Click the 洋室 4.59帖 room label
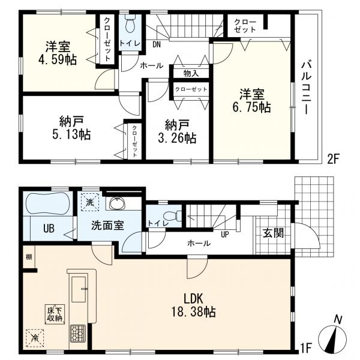pos(58,53)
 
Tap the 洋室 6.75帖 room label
pos(252,101)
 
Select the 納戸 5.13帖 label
pos(71,128)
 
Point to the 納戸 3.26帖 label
pos(177,131)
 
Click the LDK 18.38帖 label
pos(193,305)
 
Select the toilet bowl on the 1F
pos(170,215)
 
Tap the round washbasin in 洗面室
pos(118,203)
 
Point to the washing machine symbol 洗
pos(90,202)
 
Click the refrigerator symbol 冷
pos(35,338)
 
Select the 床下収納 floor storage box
pos(55,314)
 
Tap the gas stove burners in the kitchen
pos(78,333)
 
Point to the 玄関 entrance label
pos(273,233)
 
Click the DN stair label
pos(157,44)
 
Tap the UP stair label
pos(225,235)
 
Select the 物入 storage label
pos(191,73)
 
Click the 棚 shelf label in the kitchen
pos(29,257)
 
